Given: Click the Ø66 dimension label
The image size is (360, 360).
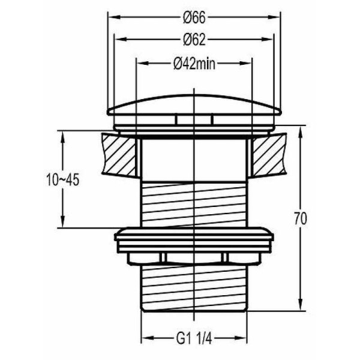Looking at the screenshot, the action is click(x=194, y=17).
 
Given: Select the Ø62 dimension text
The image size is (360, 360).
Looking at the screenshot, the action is click(x=194, y=40).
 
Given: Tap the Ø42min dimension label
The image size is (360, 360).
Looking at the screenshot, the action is click(x=194, y=64).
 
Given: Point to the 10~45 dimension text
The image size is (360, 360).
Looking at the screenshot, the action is click(x=62, y=179).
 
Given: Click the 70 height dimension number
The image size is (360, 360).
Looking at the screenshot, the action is click(x=301, y=218).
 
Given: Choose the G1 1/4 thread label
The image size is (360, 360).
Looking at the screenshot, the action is click(x=194, y=338).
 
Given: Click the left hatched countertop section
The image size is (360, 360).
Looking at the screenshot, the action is click(x=119, y=155).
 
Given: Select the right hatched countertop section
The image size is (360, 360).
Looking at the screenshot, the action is click(x=269, y=155).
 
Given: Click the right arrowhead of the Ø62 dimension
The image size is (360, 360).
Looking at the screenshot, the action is click(x=267, y=40).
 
